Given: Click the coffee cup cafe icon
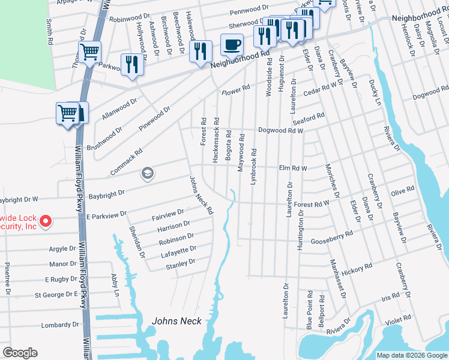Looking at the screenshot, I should [232, 44].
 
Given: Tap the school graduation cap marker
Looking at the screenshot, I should [147, 174].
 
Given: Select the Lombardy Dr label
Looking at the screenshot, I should [56, 325].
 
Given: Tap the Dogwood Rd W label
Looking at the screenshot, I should [280, 130].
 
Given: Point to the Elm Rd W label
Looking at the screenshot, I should [293, 169].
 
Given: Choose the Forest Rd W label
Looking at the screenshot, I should [311, 204].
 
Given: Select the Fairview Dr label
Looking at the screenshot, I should [168, 213].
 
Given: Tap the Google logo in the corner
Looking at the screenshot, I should [20, 353].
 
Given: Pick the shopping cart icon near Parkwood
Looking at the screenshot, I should [89, 52].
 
